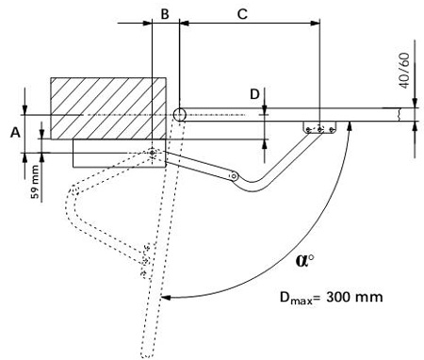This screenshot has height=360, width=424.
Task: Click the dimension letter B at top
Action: tap(165, 14)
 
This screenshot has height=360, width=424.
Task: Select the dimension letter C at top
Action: tap(242, 14)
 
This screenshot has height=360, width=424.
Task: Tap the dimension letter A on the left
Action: tap(15, 133)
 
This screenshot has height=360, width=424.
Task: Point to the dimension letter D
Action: tap(254, 94)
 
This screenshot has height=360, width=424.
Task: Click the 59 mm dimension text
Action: tap(35, 182)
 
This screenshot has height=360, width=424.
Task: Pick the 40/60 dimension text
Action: tap(405, 71)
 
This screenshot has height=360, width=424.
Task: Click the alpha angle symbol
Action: tap(304, 260)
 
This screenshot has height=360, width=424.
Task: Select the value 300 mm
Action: tap(354, 297)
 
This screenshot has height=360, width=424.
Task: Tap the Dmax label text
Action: tap(296, 298)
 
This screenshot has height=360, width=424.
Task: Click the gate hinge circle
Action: tap(180, 115)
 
